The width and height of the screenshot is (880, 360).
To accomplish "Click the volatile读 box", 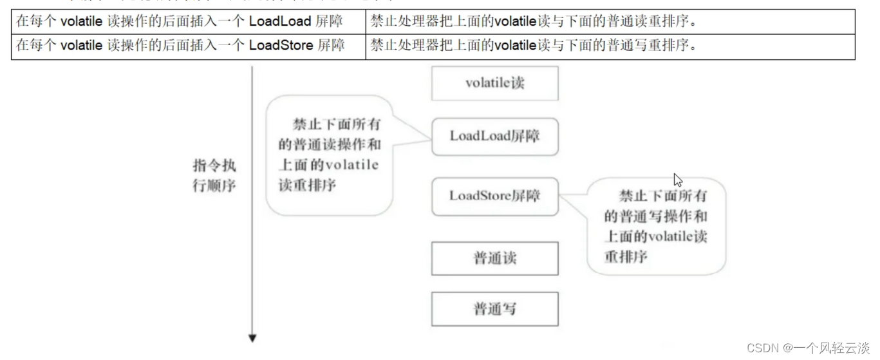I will pyautogui.click(x=494, y=84).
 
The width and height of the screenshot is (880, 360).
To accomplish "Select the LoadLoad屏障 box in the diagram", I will pyautogui.click(x=494, y=137).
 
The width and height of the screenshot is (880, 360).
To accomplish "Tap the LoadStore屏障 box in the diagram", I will pyautogui.click(x=494, y=196).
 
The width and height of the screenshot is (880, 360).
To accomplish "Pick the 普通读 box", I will pyautogui.click(x=494, y=258).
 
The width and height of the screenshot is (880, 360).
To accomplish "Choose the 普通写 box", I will pyautogui.click(x=494, y=309).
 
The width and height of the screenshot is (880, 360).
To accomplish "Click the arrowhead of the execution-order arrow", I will pyautogui.click(x=252, y=338).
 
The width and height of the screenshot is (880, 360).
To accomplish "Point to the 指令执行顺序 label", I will pyautogui.click(x=214, y=176).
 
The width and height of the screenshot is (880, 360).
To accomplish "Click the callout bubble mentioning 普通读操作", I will pyautogui.click(x=329, y=155).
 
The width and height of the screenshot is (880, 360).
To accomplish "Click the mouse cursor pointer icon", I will pyautogui.click(x=678, y=180).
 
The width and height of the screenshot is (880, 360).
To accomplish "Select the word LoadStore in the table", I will pyautogui.click(x=281, y=45).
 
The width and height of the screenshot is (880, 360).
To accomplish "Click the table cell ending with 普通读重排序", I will pyautogui.click(x=610, y=21).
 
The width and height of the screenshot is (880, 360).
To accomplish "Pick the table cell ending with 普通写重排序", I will pyautogui.click(x=610, y=46).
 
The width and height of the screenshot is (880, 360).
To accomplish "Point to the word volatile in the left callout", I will pyautogui.click(x=351, y=165).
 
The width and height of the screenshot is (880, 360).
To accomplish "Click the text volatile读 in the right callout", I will pyautogui.click(x=677, y=236).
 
